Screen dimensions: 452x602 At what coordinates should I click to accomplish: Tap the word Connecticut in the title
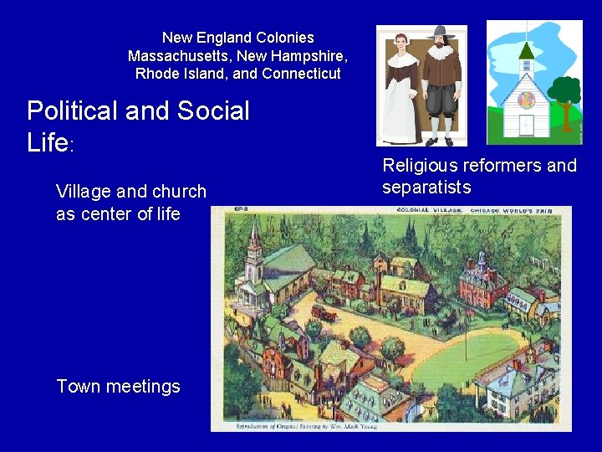tap(301, 74)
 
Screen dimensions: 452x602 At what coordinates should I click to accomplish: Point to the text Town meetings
tap(118, 387)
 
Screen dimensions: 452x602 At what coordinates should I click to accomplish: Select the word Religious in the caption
tap(420, 166)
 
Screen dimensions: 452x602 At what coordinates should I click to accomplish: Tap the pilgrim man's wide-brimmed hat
tap(439, 33)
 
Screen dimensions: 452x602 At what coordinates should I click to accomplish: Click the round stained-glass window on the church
tap(527, 100)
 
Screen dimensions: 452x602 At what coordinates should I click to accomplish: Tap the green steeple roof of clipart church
tap(526, 50)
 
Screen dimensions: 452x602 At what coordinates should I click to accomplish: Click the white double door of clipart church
tap(526, 126)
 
